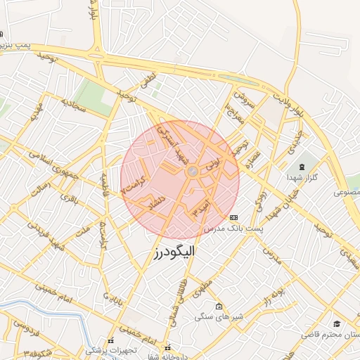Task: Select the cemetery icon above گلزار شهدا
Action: (x=302, y=167)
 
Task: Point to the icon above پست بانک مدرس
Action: (x=233, y=217)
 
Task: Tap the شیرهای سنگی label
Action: (x=219, y=318)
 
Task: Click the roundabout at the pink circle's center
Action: (x=191, y=172)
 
